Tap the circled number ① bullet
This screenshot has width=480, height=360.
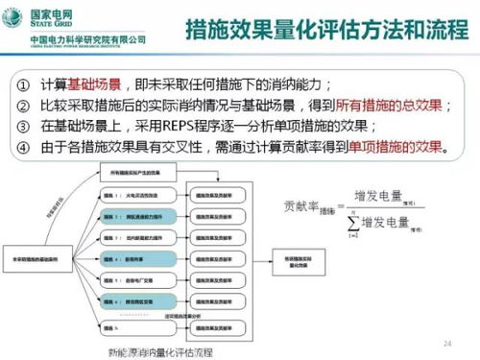coord(24,84)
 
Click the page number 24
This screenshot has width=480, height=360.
coord(446,343)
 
